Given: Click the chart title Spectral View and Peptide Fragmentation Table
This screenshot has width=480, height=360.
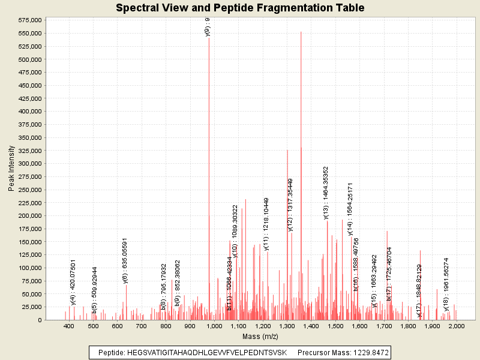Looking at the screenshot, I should [x=240, y=8].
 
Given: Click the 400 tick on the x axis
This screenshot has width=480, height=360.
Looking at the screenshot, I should [x=69, y=326].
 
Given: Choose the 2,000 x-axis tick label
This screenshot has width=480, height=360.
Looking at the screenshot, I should [x=456, y=326].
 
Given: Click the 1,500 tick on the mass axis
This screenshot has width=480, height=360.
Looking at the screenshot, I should [x=335, y=326].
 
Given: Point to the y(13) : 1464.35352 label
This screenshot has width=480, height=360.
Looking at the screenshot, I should [x=326, y=193].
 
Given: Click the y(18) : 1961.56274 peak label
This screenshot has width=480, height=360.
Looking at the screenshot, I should [x=446, y=284].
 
